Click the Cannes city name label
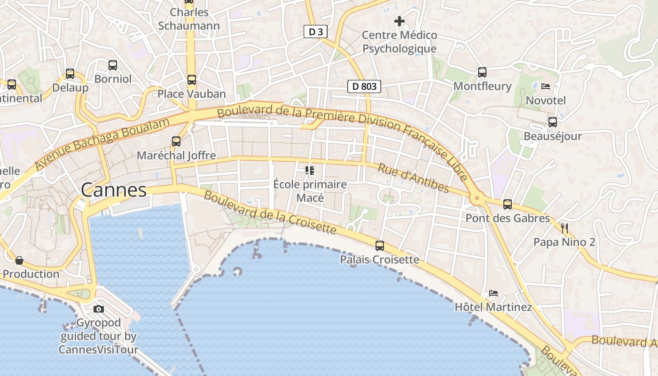[114, 190]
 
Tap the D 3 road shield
[315, 31]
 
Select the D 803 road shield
[364, 86]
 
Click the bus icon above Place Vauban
[192, 79]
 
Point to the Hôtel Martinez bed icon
[493, 293]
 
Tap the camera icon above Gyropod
[99, 309]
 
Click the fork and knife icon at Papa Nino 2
[564, 228]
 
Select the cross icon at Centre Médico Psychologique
[399, 21]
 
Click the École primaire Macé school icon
[309, 170]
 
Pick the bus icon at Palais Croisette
[379, 245]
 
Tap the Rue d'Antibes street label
[414, 178]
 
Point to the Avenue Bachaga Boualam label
[102, 143]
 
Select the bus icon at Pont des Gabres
[508, 204]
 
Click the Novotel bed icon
[546, 86]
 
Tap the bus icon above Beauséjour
[553, 122]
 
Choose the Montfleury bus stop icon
[482, 72]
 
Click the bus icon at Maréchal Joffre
[176, 141]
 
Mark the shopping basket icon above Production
[19, 260]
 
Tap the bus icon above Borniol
[113, 65]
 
